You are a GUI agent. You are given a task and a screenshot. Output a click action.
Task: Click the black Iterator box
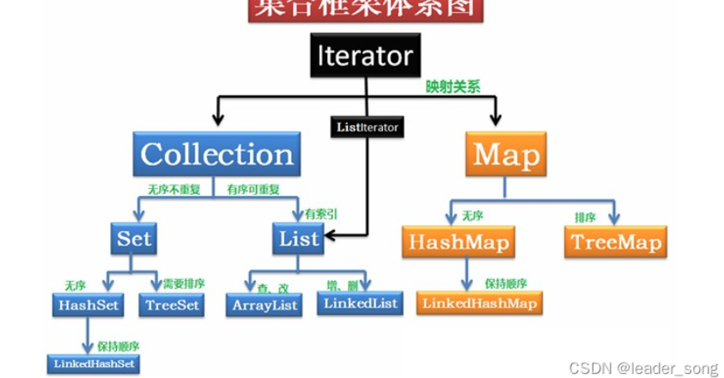(x=364, y=57)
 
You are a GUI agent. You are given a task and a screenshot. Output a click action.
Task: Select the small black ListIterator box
(x=367, y=127)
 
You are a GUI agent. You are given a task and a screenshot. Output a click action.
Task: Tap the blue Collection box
(x=216, y=155)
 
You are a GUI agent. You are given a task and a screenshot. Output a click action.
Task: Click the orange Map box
(x=507, y=155)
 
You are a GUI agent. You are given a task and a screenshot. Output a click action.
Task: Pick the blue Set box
(x=133, y=238)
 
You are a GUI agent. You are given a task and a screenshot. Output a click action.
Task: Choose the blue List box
(x=300, y=238)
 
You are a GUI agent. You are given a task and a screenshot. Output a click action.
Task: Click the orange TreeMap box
(x=615, y=242)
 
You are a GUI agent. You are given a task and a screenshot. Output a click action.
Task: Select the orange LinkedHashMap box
(x=479, y=302)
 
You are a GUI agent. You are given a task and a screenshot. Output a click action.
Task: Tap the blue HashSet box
(x=88, y=304)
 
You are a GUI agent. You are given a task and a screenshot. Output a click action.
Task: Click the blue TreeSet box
(x=173, y=304)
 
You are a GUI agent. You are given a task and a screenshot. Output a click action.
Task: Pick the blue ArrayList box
(x=265, y=305)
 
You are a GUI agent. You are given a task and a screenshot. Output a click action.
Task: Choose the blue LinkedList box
(x=359, y=302)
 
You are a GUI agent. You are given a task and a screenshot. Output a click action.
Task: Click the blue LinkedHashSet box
(x=93, y=363)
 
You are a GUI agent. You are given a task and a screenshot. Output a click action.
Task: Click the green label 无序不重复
(x=174, y=189)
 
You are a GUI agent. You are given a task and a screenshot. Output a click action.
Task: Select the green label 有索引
(x=321, y=213)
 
